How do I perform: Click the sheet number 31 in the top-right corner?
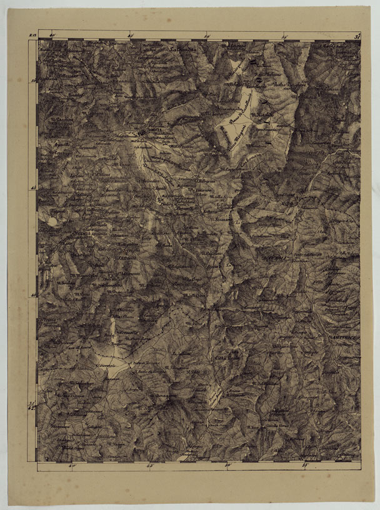[x=357, y=37]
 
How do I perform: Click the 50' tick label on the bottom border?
[x=228, y=465]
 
